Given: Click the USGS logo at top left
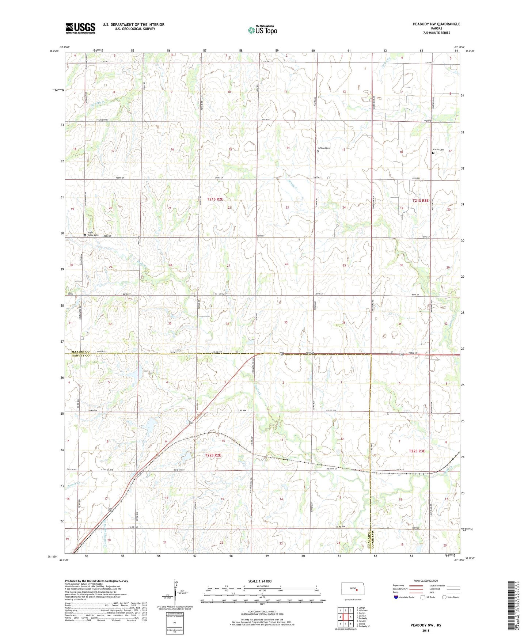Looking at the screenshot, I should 80,28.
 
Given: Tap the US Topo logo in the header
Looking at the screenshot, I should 262,30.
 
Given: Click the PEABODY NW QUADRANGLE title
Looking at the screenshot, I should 436,24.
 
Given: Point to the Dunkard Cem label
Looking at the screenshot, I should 324,148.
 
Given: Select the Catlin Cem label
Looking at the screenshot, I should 438,149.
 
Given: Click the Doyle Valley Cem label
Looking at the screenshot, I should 92,234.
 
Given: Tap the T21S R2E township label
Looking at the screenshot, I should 215,199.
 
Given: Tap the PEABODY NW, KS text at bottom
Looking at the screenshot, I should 426,625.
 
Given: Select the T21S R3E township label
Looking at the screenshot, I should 420,201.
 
